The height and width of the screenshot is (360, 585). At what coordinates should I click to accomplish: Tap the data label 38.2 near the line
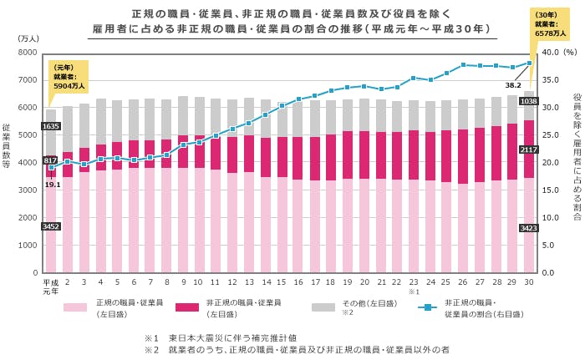[513, 84]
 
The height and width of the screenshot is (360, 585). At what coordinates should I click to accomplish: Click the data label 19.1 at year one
[53, 185]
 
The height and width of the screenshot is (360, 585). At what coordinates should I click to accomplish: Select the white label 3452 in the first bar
[51, 226]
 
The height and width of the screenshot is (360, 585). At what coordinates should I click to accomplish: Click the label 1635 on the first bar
[51, 126]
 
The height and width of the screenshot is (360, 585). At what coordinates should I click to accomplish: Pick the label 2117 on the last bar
[528, 150]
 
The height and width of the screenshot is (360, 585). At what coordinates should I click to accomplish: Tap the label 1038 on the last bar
[528, 101]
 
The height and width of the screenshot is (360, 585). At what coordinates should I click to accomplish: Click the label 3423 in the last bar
[528, 227]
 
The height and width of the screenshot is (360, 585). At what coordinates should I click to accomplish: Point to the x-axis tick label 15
[282, 282]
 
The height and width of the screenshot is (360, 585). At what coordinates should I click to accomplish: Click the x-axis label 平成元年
[51, 286]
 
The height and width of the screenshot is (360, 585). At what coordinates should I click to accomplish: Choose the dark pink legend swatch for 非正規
[186, 307]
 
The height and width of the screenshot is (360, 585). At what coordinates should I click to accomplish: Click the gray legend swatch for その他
[323, 307]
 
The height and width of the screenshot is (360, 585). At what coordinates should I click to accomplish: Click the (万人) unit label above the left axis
[28, 39]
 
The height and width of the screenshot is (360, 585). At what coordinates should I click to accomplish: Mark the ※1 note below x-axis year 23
[413, 292]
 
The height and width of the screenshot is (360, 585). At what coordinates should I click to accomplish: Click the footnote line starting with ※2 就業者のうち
[297, 349]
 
